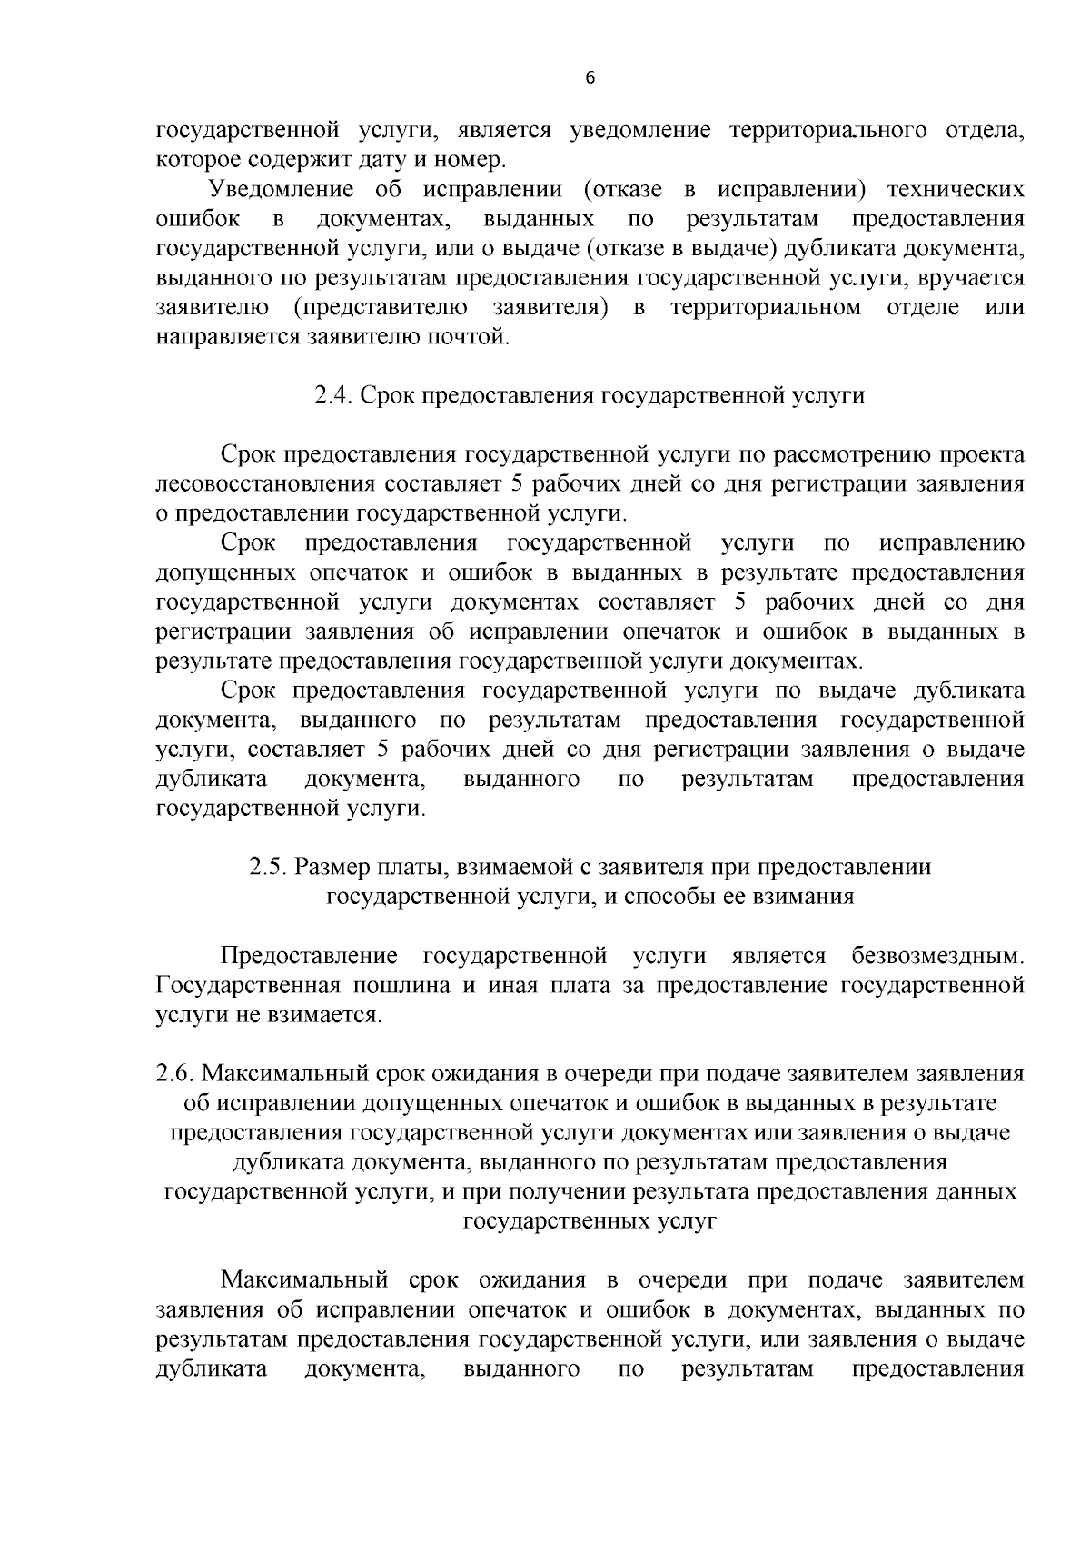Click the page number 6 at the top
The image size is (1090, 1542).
click(x=589, y=79)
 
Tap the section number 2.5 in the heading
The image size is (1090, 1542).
click(x=268, y=867)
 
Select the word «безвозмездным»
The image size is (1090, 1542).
click(x=936, y=956)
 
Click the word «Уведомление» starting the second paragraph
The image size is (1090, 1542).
click(x=281, y=190)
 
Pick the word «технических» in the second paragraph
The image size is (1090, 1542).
click(x=955, y=190)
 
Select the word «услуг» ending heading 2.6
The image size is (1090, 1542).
click(x=687, y=1222)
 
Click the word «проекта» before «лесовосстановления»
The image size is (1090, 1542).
click(x=983, y=454)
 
